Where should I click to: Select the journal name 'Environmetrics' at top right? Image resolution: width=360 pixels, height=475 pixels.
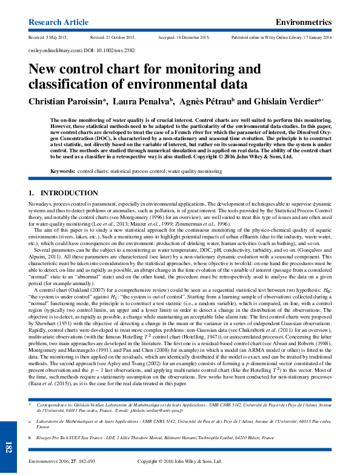pyautogui.click(x=304, y=22)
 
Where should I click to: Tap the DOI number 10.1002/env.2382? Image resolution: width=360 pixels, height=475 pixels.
pyautogui.click(x=114, y=52)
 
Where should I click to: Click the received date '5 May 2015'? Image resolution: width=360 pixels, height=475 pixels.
pyautogui.click(x=59, y=38)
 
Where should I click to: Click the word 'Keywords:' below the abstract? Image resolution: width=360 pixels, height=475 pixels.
pyautogui.click(x=62, y=172)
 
